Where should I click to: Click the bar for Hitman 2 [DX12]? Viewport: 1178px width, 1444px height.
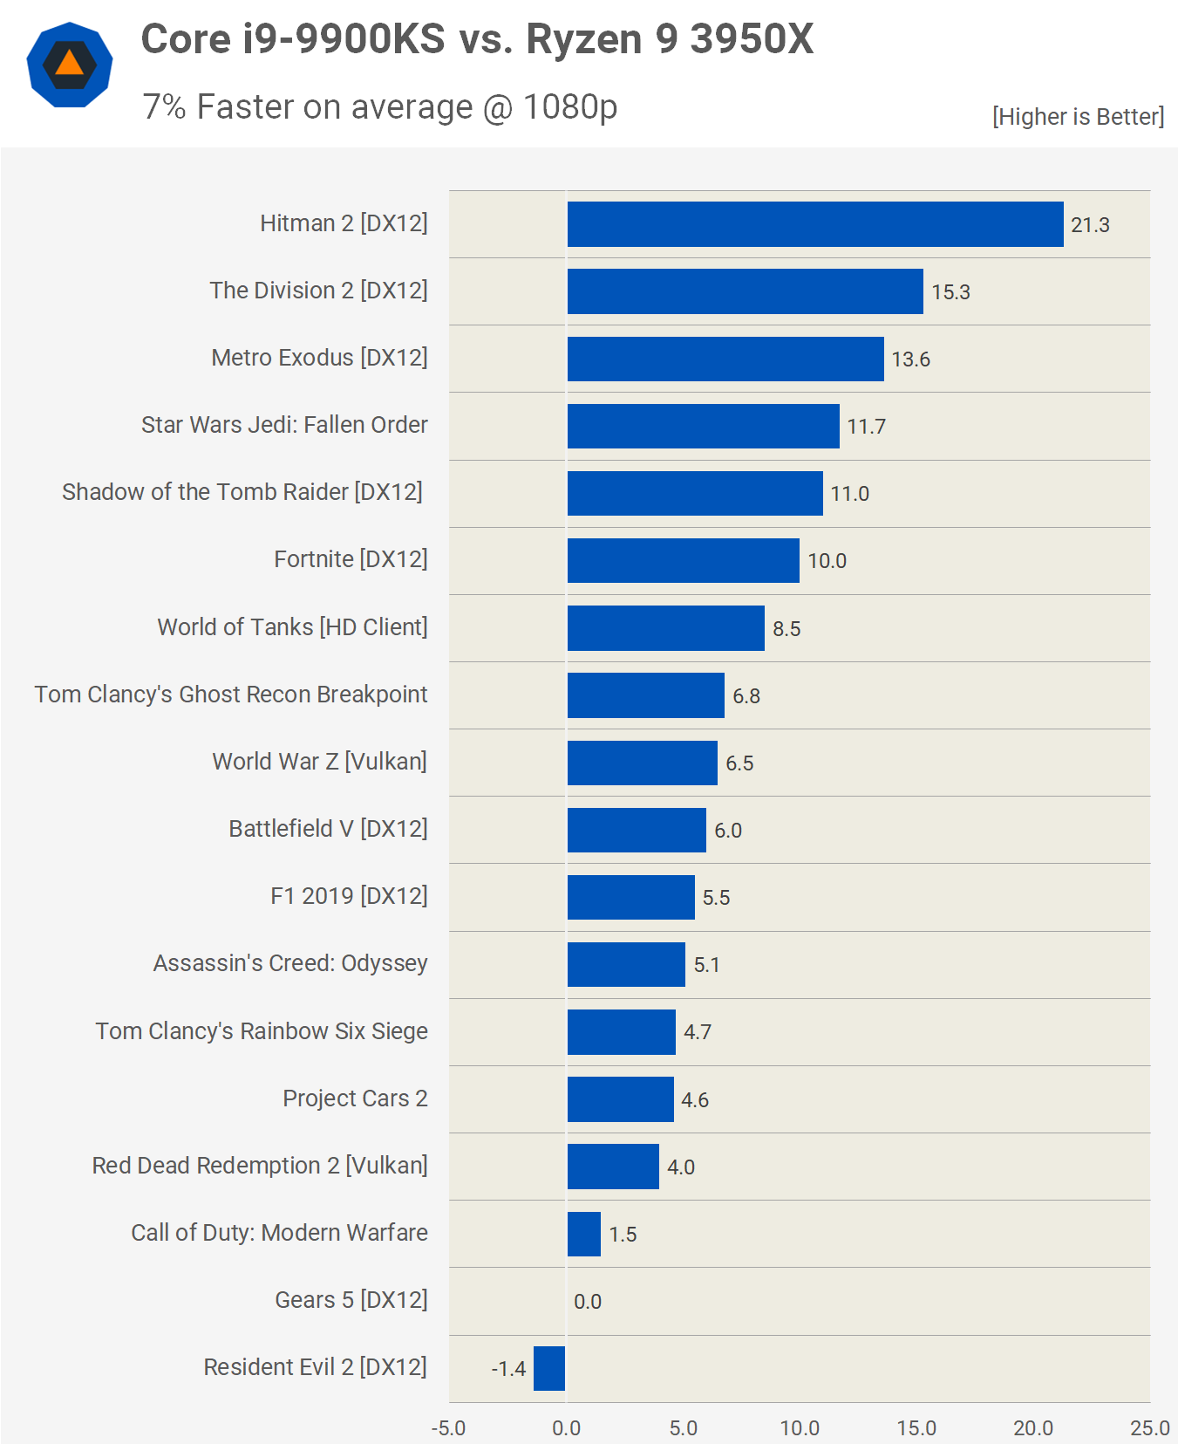pos(814,224)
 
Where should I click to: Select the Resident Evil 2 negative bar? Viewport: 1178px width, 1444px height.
pos(549,1368)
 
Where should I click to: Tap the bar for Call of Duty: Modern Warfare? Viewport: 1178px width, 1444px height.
pos(583,1234)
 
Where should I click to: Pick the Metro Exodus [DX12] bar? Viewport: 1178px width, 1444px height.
pos(725,359)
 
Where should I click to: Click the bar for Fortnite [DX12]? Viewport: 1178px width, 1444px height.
pos(683,560)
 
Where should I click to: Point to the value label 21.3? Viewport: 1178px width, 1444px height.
pos(1090,225)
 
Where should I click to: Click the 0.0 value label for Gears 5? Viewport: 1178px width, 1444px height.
pos(588,1302)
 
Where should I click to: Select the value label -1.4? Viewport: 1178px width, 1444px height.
pos(508,1369)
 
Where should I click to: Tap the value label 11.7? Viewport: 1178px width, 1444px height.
pos(866,427)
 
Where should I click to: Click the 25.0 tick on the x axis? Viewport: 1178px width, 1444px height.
pos(1149,1428)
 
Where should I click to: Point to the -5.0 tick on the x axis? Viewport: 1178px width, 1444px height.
pos(448,1428)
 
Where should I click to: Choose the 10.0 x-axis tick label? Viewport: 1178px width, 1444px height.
pos(799,1428)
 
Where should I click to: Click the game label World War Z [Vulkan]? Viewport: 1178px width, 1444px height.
pos(319,762)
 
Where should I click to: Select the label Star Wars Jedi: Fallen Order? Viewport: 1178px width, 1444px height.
pos(284,425)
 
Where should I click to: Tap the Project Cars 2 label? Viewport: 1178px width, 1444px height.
pos(355,1098)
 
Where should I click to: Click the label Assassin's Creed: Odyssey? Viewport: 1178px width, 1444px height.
pos(290,963)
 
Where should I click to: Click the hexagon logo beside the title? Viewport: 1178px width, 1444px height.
pos(70,65)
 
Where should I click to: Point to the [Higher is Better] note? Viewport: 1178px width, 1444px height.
pos(1078,117)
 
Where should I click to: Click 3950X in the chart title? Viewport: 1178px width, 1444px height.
pos(751,39)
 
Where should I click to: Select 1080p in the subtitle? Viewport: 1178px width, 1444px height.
pos(569,107)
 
